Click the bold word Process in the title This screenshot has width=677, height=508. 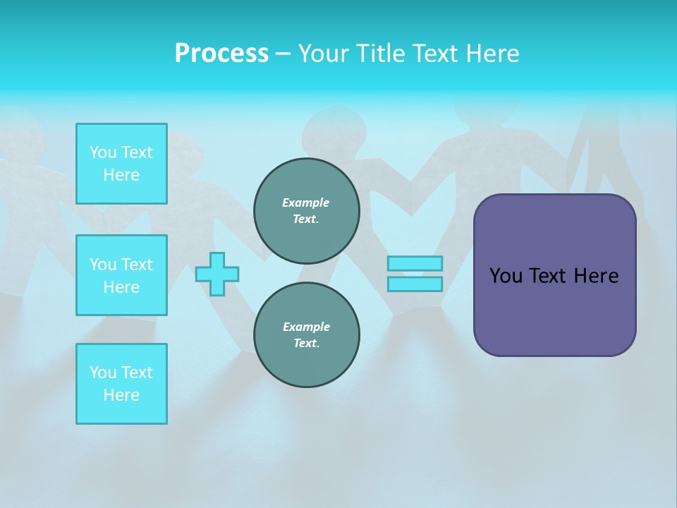coord(221,54)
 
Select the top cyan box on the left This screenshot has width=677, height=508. coord(121,164)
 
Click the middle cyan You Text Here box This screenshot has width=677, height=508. coord(121,275)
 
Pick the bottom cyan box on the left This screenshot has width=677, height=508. coord(121,384)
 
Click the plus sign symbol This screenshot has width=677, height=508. coord(217,274)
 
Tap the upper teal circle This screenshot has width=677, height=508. coord(306,211)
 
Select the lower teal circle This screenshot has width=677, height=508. coord(306,335)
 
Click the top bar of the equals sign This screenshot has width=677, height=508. coord(415,264)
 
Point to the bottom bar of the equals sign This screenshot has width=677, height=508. coord(415,284)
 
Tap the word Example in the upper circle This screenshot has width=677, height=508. coord(306,203)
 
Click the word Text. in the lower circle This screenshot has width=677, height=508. coord(306,344)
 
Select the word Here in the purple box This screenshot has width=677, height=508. coord(596,276)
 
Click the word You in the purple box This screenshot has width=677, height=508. coord(505,276)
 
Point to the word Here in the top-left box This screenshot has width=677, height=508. coord(121,175)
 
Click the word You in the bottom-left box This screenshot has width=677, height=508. coord(103,373)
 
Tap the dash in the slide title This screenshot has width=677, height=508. coord(283,54)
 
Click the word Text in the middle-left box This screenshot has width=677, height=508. coord(137,265)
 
